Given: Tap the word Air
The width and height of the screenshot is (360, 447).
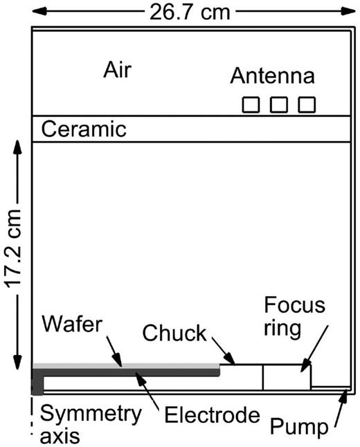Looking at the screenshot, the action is [x=117, y=70].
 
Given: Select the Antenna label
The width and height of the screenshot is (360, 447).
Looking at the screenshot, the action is [x=273, y=76].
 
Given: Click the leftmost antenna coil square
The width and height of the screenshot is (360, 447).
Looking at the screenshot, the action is [x=251, y=105].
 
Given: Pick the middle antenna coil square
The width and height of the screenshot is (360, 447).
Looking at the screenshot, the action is [x=279, y=105].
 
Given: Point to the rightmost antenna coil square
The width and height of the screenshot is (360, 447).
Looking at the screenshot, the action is [x=307, y=105].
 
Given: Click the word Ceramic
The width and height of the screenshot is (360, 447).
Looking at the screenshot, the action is [x=84, y=129].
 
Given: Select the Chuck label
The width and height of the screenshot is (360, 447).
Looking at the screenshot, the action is [x=174, y=333].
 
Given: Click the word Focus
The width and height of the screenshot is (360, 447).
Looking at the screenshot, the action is [x=295, y=305].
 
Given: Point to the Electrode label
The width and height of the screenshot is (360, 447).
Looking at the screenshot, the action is [x=213, y=414].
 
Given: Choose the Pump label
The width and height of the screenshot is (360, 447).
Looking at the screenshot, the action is [x=299, y=427].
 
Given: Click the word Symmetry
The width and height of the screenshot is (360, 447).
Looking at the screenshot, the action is [x=91, y=414].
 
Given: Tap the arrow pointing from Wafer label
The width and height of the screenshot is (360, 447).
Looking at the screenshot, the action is [x=114, y=352].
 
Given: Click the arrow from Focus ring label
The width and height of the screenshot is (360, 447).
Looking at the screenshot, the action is [x=314, y=348].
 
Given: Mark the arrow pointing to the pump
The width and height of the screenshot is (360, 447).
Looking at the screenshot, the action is [x=341, y=408].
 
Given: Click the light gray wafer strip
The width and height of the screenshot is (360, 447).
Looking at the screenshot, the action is [x=126, y=366].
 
